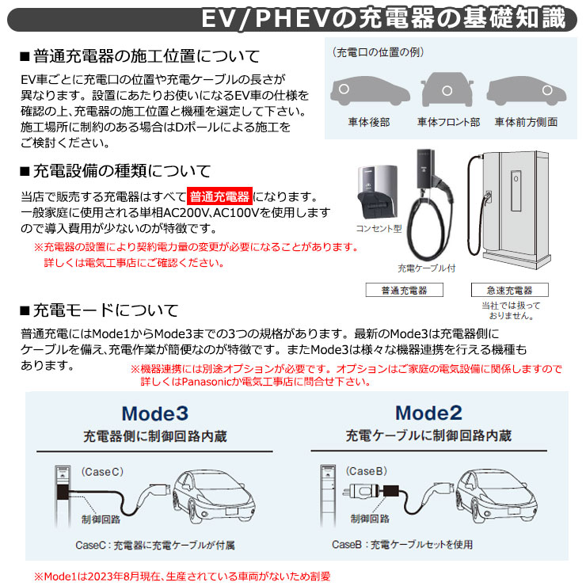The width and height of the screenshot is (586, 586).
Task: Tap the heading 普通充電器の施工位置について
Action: pos(145,56)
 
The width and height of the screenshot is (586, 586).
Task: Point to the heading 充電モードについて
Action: pos(105,310)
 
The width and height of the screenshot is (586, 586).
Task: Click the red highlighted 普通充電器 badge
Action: pos(220,196)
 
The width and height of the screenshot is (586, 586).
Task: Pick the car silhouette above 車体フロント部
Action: pos(448,92)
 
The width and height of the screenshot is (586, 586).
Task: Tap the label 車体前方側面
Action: pos(526,122)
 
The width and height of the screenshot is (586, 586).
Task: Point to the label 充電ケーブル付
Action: pos(427,268)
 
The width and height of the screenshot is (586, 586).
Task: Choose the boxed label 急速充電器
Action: pos(509,290)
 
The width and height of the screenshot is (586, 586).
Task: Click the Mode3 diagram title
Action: pos(155,413)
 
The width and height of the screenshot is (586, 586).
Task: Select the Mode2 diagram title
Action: pos(428,413)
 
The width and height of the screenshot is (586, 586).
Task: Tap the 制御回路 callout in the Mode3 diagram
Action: pos(101,519)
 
